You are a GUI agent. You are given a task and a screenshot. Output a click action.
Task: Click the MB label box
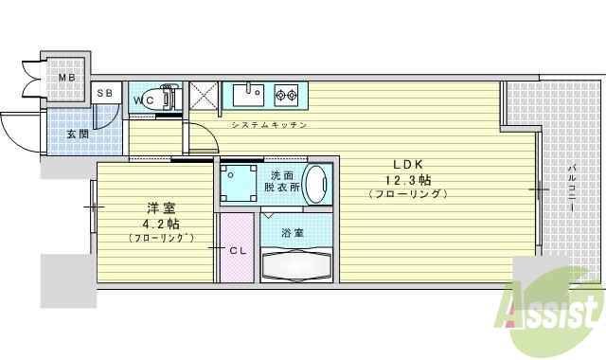pos(67,77)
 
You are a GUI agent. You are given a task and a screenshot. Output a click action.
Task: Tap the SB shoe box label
pos(105,94)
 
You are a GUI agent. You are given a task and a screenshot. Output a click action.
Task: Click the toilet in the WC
pos(167,98)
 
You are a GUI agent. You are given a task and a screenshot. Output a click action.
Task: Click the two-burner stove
pos(286,94)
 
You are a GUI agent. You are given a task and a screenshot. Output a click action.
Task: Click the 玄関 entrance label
pos(78,134)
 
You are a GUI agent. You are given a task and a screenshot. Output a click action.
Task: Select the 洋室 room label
pos(161,207)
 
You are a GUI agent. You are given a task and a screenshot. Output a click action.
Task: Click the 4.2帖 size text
pos(161,224)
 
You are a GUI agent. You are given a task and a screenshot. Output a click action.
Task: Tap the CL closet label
pos(240,251)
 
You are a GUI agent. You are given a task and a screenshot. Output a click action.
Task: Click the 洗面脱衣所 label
pos(281,182)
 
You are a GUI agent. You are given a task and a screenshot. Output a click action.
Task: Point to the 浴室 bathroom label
pos(294,232)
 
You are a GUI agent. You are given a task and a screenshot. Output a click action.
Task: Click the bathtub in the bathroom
pos(296,264)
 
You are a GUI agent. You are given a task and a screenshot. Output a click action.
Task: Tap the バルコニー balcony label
pos(572,189)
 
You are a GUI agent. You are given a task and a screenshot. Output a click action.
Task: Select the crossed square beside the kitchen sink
pos(203,96)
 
